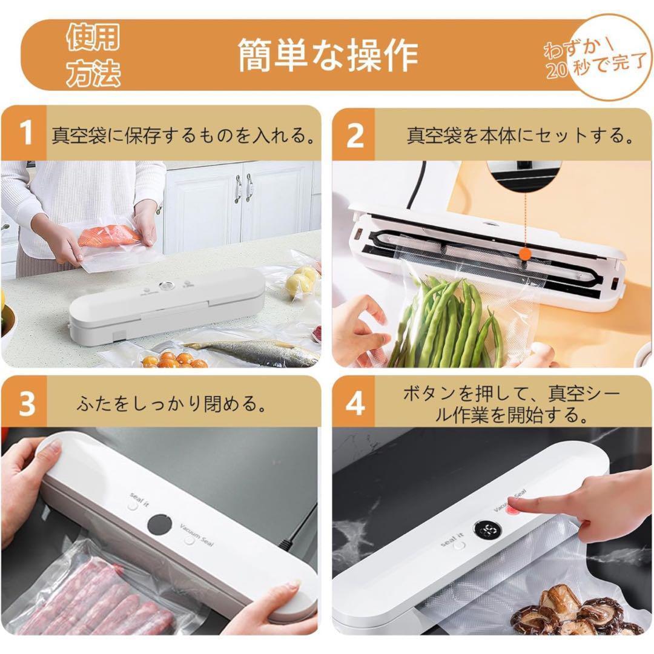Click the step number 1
pos(26,133)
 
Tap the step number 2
pos(355,134)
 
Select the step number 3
pos(27,403)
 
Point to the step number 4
pos(355,403)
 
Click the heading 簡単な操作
pos(328,55)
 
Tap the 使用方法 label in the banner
pos(93,54)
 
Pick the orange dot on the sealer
pos(526,253)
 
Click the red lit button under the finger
pos(512,510)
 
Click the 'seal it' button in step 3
pos(133,506)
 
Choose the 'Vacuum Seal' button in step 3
pos(190,541)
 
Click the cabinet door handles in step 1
pos(243,188)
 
